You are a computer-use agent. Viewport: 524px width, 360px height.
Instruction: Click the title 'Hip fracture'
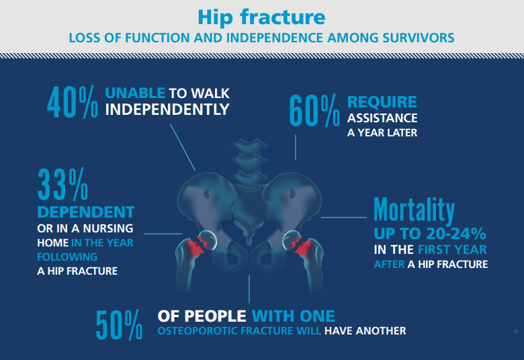click(262, 17)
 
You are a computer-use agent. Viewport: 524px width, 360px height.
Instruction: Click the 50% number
click(119, 324)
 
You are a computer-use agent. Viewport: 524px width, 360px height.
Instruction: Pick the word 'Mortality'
click(414, 211)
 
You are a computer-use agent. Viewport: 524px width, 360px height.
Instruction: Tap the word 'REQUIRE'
click(382, 103)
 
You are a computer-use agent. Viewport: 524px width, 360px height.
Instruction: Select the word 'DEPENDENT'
click(85, 212)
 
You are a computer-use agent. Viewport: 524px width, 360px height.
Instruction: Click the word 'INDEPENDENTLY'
click(167, 109)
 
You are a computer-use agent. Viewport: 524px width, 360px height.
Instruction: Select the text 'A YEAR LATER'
click(382, 133)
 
